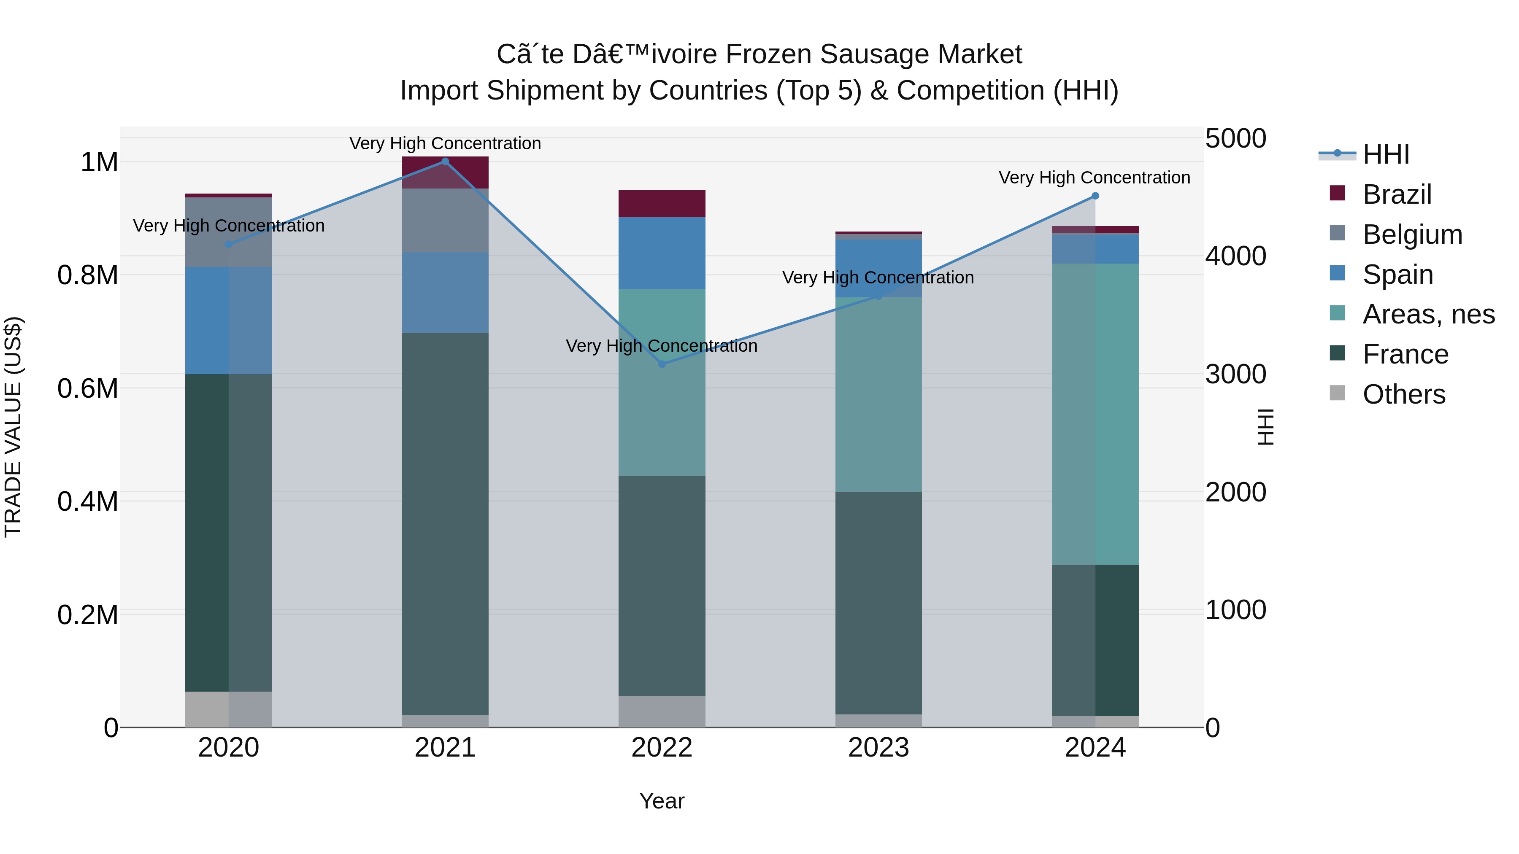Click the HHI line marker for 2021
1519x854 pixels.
445,162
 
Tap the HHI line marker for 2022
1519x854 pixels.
662,364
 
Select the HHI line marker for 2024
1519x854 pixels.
1095,196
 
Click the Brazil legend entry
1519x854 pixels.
1396,194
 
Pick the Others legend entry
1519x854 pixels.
1403,394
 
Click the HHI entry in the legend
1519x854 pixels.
1385,154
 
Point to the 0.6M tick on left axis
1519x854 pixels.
87,389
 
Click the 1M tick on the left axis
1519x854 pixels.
99,162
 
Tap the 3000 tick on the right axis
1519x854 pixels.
1235,374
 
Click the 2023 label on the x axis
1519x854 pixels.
878,748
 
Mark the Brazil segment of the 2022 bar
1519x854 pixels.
662,204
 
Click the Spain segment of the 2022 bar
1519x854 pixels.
662,253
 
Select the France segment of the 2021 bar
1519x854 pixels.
445,523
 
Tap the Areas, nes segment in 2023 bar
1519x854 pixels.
878,394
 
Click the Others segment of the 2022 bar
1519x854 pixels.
662,711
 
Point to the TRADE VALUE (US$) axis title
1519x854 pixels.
13,427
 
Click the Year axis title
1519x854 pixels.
662,801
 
